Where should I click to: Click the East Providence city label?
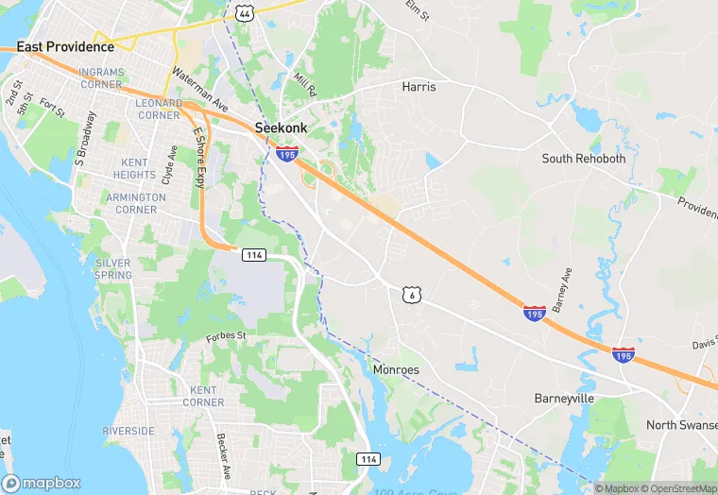(65, 46)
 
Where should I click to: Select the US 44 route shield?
(244, 11)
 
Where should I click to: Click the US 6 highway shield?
(409, 295)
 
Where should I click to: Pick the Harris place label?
(419, 87)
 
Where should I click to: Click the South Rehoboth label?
(583, 159)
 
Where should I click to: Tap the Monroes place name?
(396, 369)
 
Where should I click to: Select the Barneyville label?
(563, 398)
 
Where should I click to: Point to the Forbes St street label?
(226, 335)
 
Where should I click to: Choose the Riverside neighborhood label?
(128, 431)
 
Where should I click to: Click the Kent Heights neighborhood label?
(134, 169)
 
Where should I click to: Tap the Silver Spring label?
(113, 269)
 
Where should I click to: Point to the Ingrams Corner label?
(100, 77)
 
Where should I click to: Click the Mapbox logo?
(40, 483)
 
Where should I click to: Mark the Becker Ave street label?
(223, 456)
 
